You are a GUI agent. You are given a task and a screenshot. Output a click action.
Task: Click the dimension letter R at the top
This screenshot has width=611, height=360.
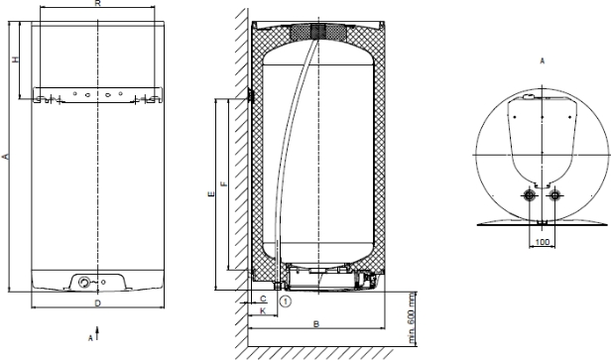pos(98,3)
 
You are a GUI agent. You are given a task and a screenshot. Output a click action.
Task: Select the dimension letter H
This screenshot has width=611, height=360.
pos(15,60)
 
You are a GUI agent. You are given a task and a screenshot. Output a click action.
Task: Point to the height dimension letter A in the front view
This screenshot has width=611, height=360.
pos(6,157)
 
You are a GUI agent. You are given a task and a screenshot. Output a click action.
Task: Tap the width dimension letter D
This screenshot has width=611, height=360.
pos(98,303)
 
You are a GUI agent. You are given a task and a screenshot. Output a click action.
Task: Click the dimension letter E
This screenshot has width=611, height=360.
pos(211,193)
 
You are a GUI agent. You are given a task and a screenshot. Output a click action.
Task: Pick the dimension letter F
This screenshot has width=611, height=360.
pos(224,183)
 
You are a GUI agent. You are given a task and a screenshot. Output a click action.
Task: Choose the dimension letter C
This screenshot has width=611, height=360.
pos(263,299)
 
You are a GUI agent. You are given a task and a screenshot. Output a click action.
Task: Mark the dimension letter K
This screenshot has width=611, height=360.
pos(263,310)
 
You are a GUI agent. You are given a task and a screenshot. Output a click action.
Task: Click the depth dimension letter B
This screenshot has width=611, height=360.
pos(316,323)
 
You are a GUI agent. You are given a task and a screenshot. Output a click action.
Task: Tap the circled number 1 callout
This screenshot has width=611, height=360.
pos(286,301)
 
